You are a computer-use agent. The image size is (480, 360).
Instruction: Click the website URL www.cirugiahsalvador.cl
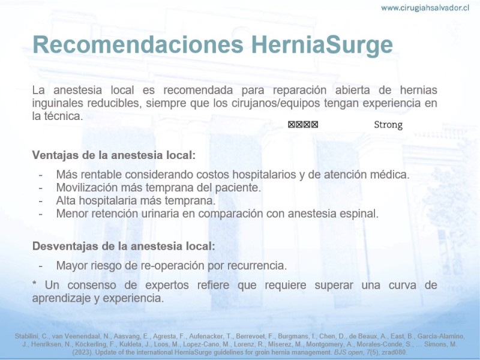425,8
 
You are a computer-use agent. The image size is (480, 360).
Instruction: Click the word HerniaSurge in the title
322,44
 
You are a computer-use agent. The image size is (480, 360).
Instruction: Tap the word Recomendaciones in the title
138,44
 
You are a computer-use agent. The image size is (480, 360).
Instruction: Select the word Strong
388,125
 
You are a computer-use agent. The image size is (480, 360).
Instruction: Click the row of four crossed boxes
303,125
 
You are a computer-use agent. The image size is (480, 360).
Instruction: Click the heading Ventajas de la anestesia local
114,155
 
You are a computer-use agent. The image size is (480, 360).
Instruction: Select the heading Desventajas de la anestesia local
124,246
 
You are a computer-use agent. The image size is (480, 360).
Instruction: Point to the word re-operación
173,266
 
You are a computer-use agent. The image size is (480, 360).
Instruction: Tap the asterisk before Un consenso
34,283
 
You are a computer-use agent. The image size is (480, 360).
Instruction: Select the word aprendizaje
61,298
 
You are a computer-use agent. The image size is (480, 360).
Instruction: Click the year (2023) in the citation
82,352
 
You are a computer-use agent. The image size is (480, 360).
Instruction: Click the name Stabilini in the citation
26,337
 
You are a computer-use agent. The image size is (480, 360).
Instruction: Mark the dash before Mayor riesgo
40,266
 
